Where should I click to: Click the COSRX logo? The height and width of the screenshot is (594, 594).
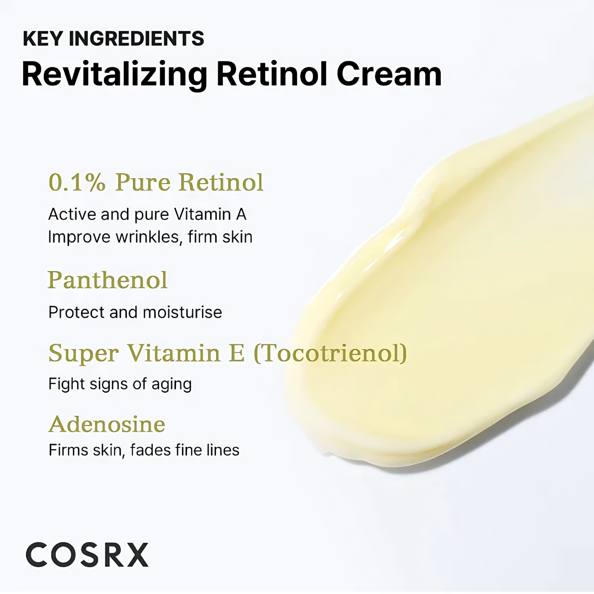click(x=87, y=554)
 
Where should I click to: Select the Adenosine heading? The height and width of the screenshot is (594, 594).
click(x=107, y=424)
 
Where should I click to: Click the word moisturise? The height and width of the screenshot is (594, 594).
click(x=182, y=312)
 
